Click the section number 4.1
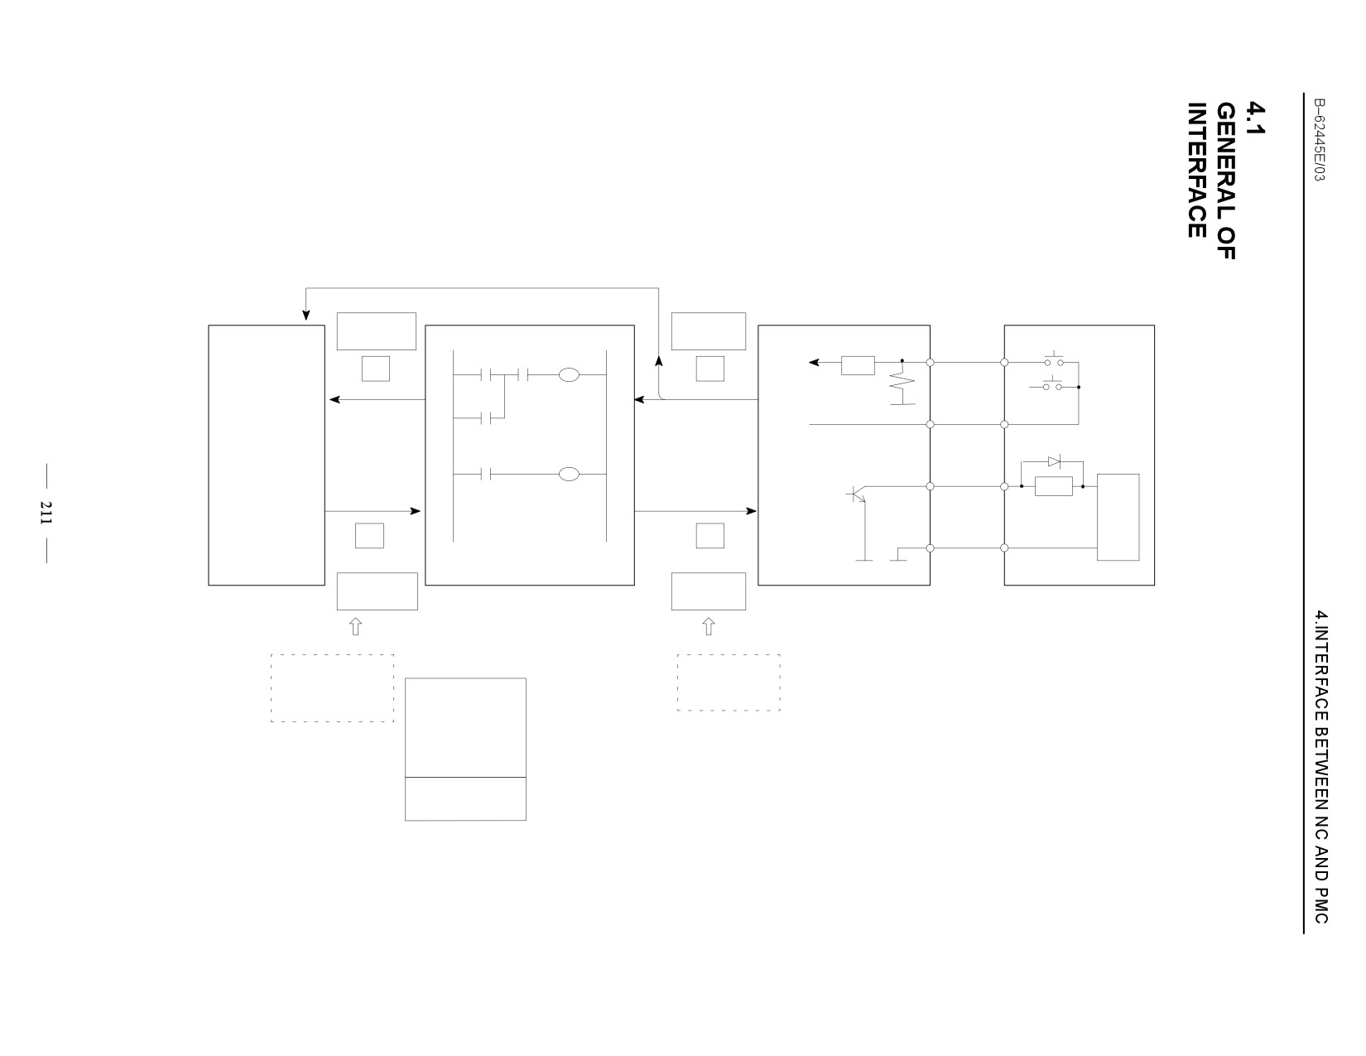tap(1255, 118)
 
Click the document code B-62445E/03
tap(1320, 140)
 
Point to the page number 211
tap(46, 514)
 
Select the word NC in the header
tap(1321, 827)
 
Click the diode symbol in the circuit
tap(1054, 461)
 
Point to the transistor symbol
tap(856, 494)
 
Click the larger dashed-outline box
tap(332, 688)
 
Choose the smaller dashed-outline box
tap(729, 682)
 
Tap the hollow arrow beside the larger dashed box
tap(356, 626)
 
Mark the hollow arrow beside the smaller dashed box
tap(709, 626)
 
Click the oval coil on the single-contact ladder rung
tap(569, 474)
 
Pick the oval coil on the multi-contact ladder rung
tap(569, 375)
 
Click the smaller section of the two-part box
tap(465, 798)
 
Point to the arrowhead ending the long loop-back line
tap(306, 315)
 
